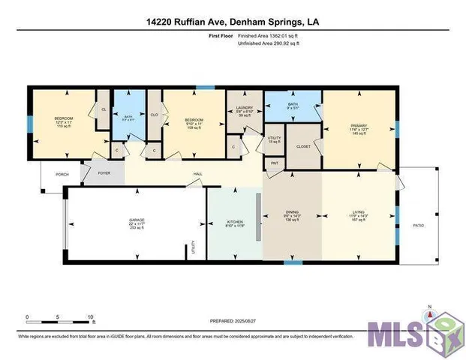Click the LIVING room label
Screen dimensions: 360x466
[358, 214]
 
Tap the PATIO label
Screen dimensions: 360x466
[418, 225]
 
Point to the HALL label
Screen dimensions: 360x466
[198, 174]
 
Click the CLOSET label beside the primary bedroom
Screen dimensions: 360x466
[304, 146]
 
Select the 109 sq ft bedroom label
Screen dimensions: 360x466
[194, 122]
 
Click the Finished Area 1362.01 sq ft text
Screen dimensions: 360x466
[269, 36]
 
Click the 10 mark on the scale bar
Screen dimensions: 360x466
[90, 317]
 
